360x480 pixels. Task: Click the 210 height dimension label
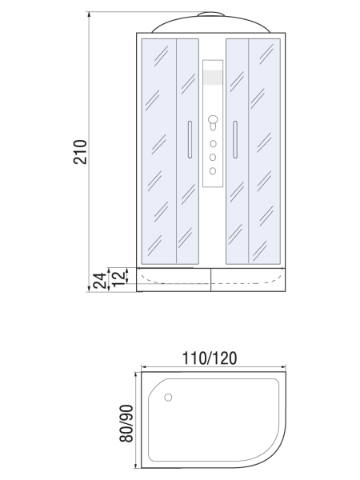click(80, 152)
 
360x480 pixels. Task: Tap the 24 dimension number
click(100, 281)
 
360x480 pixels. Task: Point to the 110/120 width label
click(210, 358)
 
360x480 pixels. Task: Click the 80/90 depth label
click(126, 423)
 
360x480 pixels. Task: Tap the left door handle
click(190, 139)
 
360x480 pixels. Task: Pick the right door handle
click(235, 139)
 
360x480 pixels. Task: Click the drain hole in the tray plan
click(168, 398)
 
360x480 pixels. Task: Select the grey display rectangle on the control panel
click(213, 78)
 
